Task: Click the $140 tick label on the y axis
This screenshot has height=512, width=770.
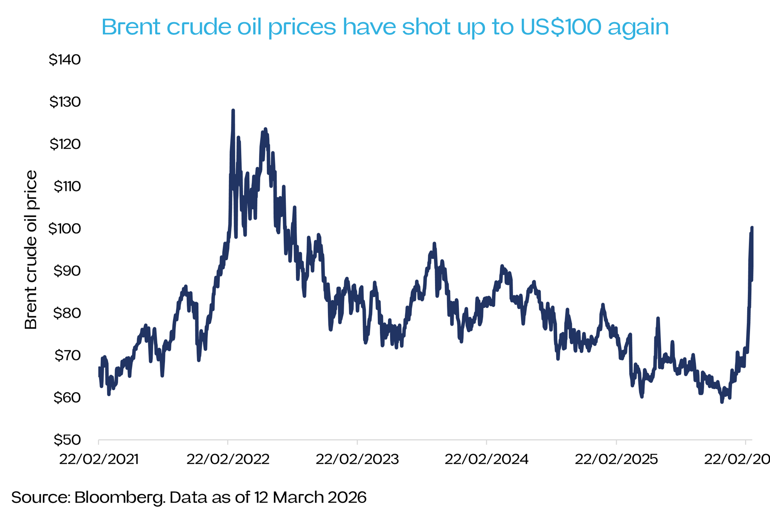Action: pyautogui.click(x=65, y=60)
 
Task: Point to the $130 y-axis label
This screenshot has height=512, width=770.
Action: pyautogui.click(x=65, y=102)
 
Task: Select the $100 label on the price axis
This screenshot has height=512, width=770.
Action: pyautogui.click(x=64, y=229)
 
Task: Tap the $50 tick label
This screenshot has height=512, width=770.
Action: pyautogui.click(x=67, y=440)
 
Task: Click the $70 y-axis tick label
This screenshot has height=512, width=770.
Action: pyautogui.click(x=67, y=355)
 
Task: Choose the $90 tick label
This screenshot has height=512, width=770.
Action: pyautogui.click(x=67, y=271)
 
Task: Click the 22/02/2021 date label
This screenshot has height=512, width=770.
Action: pyautogui.click(x=99, y=459)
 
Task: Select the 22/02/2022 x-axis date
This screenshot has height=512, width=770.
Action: pyautogui.click(x=228, y=459)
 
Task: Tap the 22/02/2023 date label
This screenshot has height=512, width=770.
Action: pyautogui.click(x=357, y=459)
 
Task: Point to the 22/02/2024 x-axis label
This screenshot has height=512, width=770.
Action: pyautogui.click(x=486, y=459)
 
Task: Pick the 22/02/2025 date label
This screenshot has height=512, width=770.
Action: pyautogui.click(x=616, y=459)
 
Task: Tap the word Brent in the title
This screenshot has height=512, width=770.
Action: pyautogui.click(x=131, y=27)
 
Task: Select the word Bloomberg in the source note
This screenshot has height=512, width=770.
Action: pyautogui.click(x=119, y=498)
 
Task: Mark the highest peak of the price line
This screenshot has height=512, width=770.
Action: pyautogui.click(x=233, y=111)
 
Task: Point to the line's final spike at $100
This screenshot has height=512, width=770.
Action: pyautogui.click(x=752, y=228)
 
